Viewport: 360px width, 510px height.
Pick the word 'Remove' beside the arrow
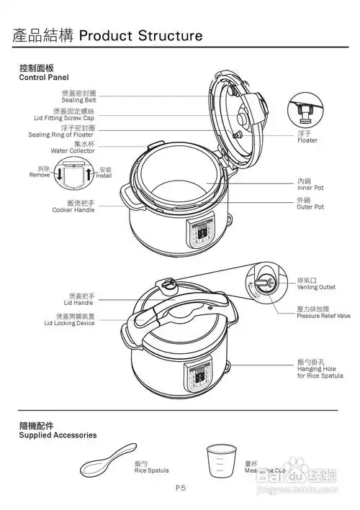[x=39, y=175]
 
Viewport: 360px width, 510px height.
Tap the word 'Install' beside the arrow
[x=104, y=175]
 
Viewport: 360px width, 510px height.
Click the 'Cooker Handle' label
[x=73, y=210]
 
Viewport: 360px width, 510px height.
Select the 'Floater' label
[x=307, y=140]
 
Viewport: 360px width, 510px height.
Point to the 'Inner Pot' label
[x=310, y=187]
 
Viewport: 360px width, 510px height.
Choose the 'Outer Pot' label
[x=310, y=206]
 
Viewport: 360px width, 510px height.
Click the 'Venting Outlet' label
[x=316, y=286]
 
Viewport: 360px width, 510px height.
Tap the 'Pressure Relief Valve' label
[x=324, y=315]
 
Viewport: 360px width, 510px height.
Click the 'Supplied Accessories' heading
[x=58, y=435]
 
